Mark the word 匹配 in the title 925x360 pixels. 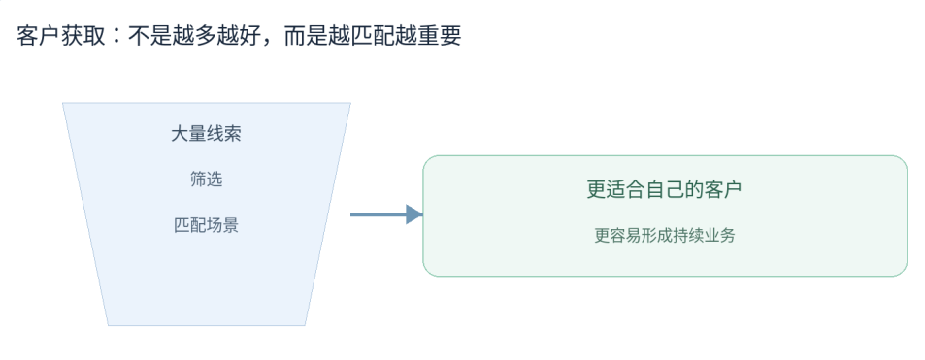(372, 36)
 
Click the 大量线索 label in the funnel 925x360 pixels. (206, 134)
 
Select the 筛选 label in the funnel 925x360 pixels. (207, 180)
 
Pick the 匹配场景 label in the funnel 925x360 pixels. (207, 225)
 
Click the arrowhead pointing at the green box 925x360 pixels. (414, 214)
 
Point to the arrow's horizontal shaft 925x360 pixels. (379, 214)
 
